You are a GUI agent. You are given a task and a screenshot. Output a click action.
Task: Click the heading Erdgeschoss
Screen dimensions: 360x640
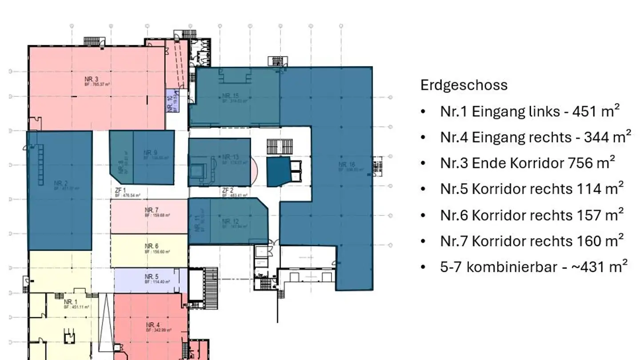pos(464,85)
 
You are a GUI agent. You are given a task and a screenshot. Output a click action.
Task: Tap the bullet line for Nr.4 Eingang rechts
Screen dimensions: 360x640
pos(535,137)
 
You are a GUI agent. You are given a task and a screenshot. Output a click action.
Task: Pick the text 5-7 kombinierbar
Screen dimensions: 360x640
pos(498,267)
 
